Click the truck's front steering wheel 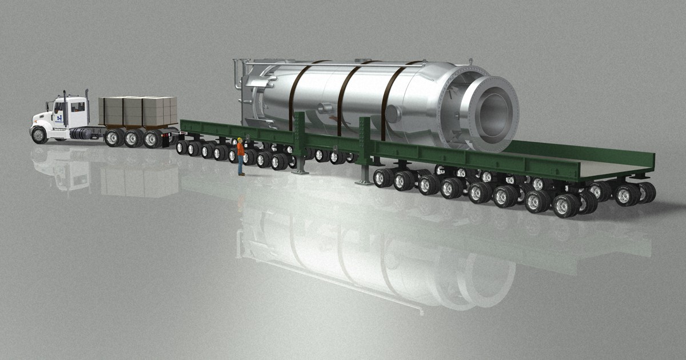(x=39, y=135)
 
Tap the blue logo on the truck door (x=59, y=118)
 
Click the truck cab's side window (x=77, y=107)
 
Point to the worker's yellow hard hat (x=240, y=139)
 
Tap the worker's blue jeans (x=241, y=165)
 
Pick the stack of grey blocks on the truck (x=138, y=111)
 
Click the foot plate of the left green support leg (x=300, y=171)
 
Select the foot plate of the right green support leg (x=363, y=182)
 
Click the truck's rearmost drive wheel (x=153, y=139)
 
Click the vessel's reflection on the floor (x=366, y=257)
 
